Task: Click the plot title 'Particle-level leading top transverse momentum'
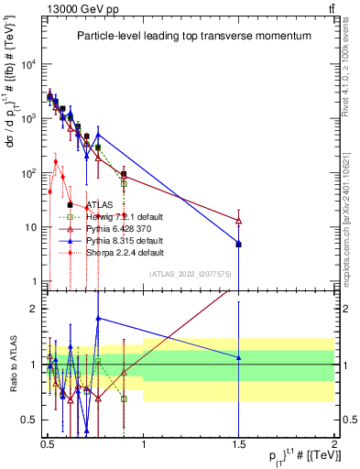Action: pos(193,36)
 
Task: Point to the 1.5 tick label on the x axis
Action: pos(238,441)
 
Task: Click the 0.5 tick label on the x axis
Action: pos(48,441)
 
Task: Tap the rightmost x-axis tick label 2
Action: pos(333,441)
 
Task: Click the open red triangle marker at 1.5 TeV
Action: pos(238,221)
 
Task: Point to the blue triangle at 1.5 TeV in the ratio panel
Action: pos(238,357)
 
